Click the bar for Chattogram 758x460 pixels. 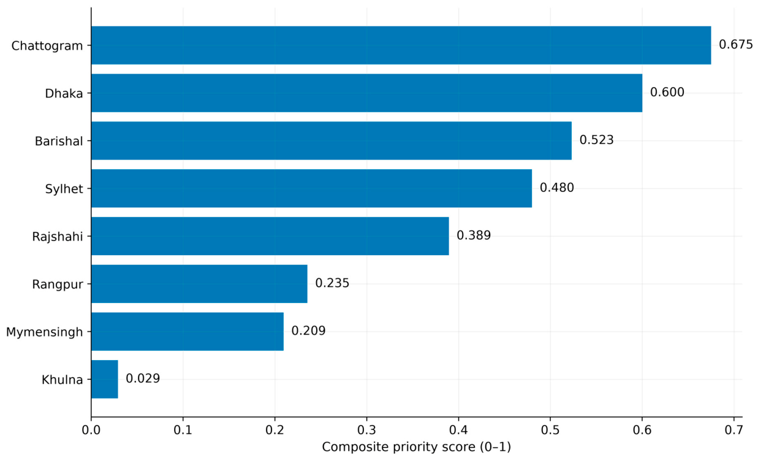click(401, 45)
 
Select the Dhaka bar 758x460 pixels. click(367, 93)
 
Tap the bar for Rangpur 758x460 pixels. click(199, 284)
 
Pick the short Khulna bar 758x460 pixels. click(105, 379)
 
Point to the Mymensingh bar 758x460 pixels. click(188, 331)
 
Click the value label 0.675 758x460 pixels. click(736, 45)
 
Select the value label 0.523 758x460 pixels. click(597, 140)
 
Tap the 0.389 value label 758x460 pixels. click(474, 235)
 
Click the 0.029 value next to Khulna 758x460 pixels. click(143, 378)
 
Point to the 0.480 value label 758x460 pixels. click(557, 188)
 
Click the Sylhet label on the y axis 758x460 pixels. click(64, 189)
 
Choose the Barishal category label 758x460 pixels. click(59, 141)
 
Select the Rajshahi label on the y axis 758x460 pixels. click(58, 237)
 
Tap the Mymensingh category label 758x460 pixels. click(44, 332)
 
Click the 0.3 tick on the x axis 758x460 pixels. click(367, 430)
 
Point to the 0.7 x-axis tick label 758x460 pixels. click(734, 430)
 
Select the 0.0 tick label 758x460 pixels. click(91, 430)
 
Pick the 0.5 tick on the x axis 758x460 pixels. click(550, 430)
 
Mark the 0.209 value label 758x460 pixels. click(308, 331)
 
